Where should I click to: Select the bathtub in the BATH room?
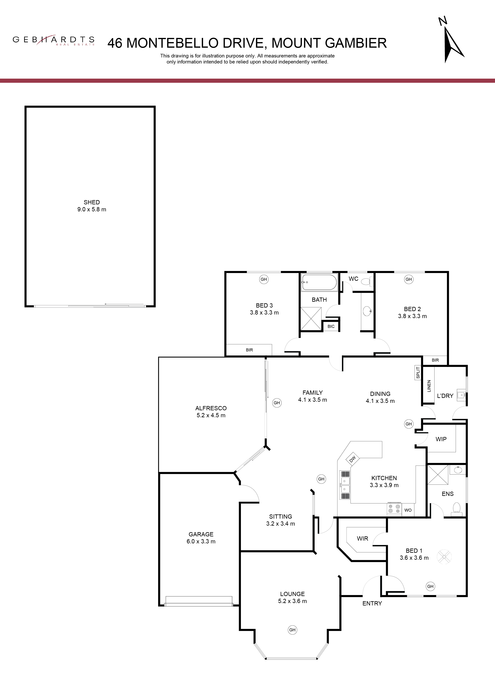tap(319, 282)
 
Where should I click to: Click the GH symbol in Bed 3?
tap(264, 279)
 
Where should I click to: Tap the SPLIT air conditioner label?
tap(418, 373)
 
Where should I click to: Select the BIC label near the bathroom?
tap(331, 326)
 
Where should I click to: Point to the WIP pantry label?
tap(441, 439)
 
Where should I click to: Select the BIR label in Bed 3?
tap(249, 350)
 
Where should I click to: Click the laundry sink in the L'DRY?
tap(461, 395)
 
